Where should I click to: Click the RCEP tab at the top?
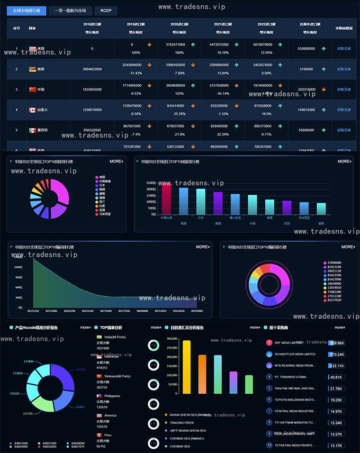105,11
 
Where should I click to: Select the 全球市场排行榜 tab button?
26,11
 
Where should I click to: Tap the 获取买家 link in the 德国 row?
344,69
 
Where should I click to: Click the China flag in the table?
32,89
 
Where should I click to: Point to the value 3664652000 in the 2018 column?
92,69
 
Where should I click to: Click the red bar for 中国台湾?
166,199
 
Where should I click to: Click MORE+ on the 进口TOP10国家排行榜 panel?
344,161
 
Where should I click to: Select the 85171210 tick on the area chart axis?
33,311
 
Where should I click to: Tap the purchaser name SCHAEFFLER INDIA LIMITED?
295,354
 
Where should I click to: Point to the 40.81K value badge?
336,377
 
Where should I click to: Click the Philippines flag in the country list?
99,396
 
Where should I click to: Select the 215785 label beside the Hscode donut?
28,413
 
